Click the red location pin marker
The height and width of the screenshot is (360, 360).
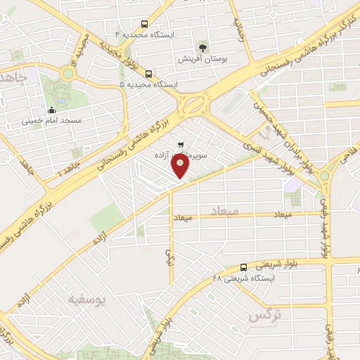tap(181, 166)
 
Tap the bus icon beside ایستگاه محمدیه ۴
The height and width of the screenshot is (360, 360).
tap(144, 23)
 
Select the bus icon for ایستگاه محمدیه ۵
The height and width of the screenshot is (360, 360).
tap(148, 73)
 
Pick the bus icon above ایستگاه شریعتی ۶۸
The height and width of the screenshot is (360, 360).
tap(243, 267)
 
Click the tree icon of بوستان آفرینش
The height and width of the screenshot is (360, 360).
tap(202, 48)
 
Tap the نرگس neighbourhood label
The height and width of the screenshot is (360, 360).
tap(264, 315)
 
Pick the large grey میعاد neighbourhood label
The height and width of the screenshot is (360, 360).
tap(225, 210)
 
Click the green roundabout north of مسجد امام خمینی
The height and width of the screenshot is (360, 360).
tap(69, 72)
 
